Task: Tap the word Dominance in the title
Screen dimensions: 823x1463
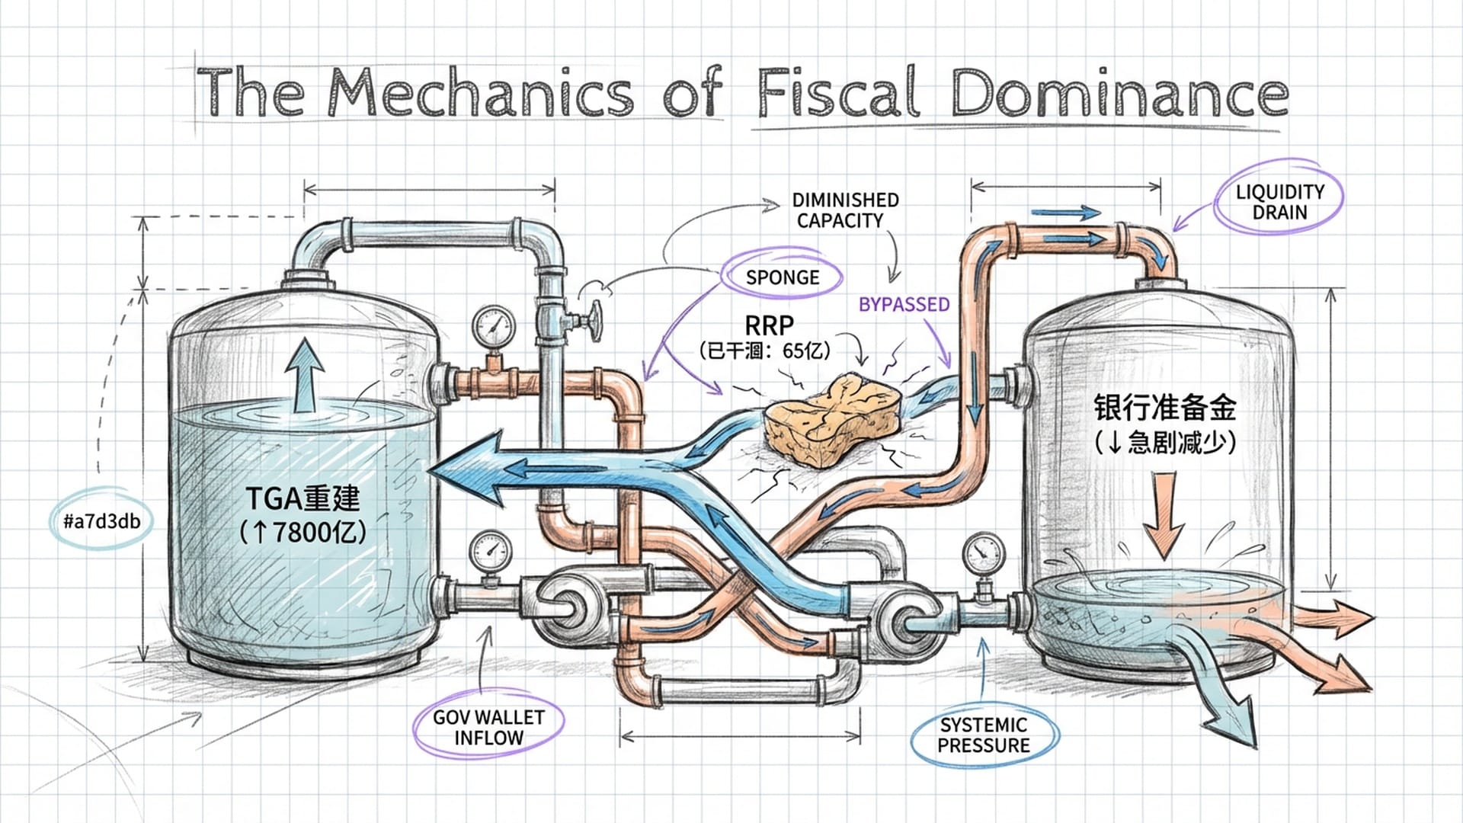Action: pyautogui.click(x=1119, y=95)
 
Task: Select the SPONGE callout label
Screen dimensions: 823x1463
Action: pyautogui.click(x=782, y=277)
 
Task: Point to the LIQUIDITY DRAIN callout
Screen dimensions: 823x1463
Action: pyautogui.click(x=1279, y=202)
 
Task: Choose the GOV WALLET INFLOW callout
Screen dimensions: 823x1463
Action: pyautogui.click(x=488, y=728)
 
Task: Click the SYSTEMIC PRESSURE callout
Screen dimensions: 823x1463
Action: pyautogui.click(x=984, y=735)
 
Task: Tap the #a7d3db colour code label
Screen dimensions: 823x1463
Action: pyautogui.click(x=102, y=522)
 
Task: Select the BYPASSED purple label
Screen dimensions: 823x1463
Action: pyautogui.click(x=904, y=305)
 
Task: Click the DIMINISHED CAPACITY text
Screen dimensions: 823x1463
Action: pyautogui.click(x=844, y=210)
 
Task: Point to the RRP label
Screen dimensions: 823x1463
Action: pyautogui.click(x=769, y=326)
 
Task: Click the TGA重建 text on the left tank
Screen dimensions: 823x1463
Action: pyautogui.click(x=303, y=499)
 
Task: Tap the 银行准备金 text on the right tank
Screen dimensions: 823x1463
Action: pyautogui.click(x=1164, y=408)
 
